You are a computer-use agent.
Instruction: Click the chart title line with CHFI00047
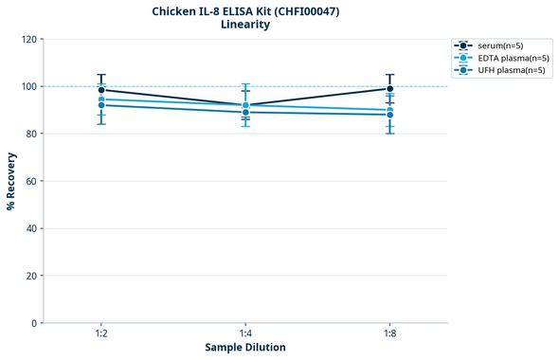tap(245, 10)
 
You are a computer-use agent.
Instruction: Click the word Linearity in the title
tap(245, 25)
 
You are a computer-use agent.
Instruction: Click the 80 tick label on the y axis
tap(31, 134)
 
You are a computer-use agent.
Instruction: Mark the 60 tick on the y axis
tap(31, 181)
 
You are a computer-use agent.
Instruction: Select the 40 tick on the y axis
tap(31, 228)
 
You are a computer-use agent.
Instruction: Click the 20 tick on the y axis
tap(31, 276)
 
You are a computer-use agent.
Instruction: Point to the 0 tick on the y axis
tap(34, 323)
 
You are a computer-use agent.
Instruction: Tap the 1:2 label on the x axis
tap(101, 334)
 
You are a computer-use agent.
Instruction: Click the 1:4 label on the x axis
tap(245, 334)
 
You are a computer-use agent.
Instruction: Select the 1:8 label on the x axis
tap(389, 334)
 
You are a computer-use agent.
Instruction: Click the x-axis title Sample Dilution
tap(245, 348)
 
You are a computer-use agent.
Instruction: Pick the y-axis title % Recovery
tap(11, 181)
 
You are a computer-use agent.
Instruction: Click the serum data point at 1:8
tap(389, 88)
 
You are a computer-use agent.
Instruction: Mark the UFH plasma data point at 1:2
tap(101, 105)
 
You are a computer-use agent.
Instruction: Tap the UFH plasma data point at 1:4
tap(245, 112)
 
